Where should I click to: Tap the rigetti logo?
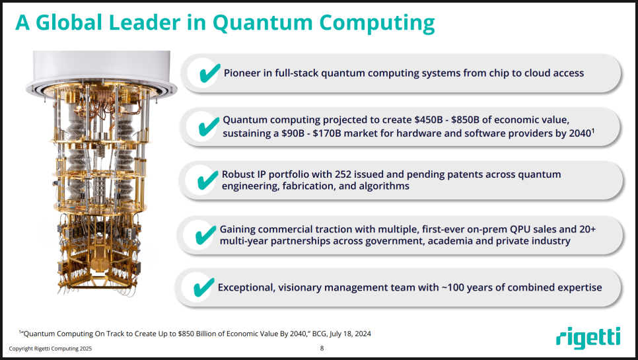point(588,338)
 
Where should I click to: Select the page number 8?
point(322,348)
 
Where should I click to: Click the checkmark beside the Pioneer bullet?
point(209,73)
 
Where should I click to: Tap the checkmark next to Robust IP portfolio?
point(207,180)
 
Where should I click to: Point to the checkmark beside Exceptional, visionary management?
point(203,287)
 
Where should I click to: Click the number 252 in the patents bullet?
point(343,174)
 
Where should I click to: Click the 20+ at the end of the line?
point(588,229)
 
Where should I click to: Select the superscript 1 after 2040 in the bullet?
point(593,131)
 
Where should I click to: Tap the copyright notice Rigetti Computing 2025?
point(50,349)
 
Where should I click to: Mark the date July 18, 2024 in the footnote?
point(350,334)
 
